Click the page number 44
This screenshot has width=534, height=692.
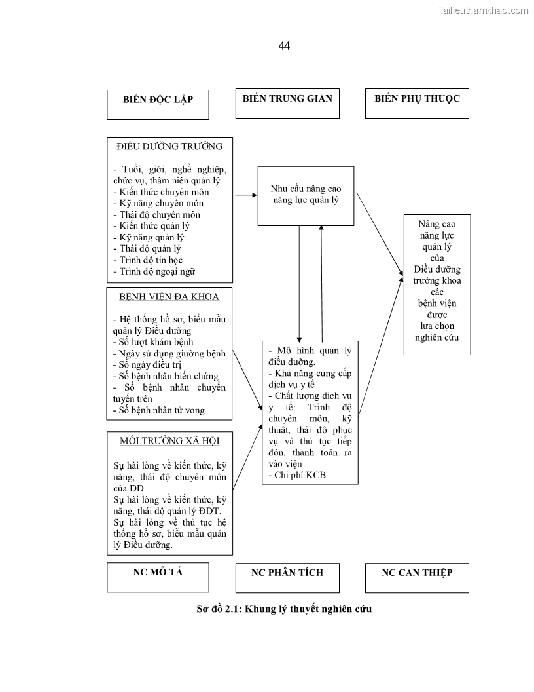[284, 46]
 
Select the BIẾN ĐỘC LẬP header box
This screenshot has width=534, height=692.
[158, 105]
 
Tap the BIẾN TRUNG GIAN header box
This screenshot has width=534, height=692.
[287, 104]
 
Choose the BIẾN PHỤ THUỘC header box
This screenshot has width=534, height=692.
[417, 104]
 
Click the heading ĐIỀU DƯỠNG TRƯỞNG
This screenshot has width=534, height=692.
[169, 146]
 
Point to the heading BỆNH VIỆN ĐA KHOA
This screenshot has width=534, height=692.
[169, 296]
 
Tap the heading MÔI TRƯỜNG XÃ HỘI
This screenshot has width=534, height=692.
[169, 440]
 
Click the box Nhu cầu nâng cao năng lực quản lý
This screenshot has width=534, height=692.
[306, 195]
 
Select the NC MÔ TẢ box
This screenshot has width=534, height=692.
[158, 577]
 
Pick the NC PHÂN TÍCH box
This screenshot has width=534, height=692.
[287, 577]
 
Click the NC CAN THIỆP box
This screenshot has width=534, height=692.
[417, 577]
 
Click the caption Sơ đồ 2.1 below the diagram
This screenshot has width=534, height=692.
[284, 609]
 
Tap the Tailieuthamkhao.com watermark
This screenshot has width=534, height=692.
[483, 10]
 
